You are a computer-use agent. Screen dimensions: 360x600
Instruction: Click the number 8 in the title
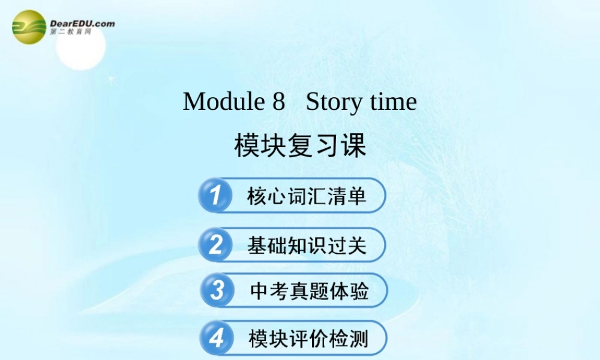coord(278,101)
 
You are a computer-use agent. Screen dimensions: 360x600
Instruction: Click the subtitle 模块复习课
coord(300,146)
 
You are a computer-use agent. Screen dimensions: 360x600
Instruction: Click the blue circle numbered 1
coord(214,196)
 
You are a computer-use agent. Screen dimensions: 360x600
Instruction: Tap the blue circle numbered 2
coord(214,245)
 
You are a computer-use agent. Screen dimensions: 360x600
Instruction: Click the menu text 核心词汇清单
coord(307,196)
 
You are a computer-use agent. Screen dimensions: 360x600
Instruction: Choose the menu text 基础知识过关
coord(307,245)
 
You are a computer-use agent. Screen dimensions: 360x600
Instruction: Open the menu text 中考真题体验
coord(309,291)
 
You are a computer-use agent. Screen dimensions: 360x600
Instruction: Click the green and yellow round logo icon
coord(29,27)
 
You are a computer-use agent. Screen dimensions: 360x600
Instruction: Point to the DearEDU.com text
coord(82,23)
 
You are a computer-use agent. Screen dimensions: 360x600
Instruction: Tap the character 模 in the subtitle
coord(247,146)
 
